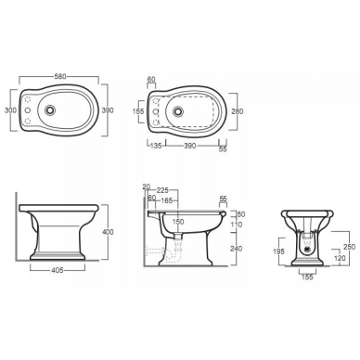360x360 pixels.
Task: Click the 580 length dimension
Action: (x=60, y=76)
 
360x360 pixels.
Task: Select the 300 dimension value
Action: (x=10, y=110)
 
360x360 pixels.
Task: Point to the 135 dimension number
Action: (x=156, y=146)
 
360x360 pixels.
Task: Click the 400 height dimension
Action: (x=108, y=232)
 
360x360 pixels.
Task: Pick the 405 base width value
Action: (x=57, y=270)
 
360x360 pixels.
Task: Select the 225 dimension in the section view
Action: (x=162, y=190)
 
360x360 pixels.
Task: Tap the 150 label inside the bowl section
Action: (x=178, y=222)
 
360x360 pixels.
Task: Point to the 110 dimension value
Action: (x=237, y=225)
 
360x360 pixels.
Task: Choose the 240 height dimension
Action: (x=237, y=248)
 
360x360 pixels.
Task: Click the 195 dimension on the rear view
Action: (x=278, y=251)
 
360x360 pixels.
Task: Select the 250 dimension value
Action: (x=350, y=246)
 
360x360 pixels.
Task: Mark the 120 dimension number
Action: (x=340, y=258)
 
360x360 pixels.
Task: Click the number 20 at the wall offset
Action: (x=147, y=186)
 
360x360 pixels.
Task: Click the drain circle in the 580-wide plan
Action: (x=49, y=109)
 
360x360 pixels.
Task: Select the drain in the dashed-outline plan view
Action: (x=177, y=110)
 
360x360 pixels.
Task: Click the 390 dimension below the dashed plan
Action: (x=190, y=146)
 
